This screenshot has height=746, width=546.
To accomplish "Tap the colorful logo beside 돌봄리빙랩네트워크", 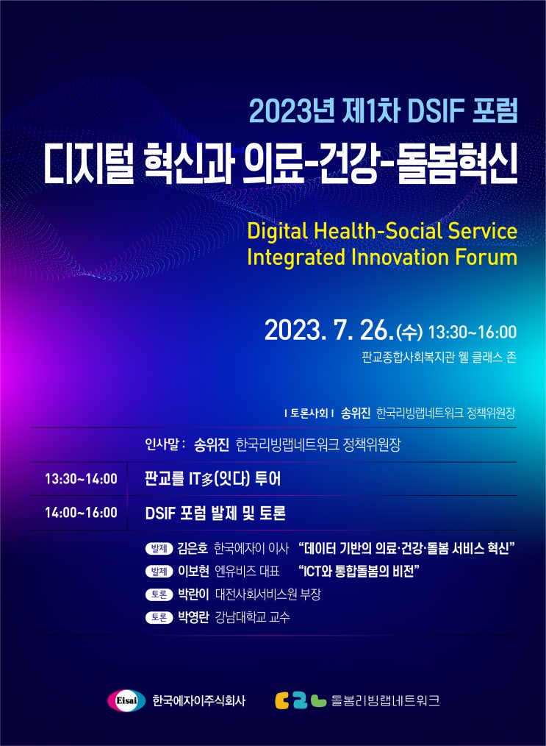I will (300, 700).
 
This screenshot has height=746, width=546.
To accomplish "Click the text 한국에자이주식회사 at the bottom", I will (198, 700).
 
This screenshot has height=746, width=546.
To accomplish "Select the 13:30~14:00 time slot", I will (81, 479).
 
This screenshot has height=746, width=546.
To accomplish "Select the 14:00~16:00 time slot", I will (81, 512).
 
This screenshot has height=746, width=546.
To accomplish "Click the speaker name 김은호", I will (193, 548).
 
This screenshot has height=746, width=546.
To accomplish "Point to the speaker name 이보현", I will (193, 571).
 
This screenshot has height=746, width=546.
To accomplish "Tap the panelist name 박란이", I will (193, 594).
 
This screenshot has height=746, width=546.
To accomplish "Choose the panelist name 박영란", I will (193, 617).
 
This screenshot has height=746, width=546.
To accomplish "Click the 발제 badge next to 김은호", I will (159, 549).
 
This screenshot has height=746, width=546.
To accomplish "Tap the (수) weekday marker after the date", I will (409, 333).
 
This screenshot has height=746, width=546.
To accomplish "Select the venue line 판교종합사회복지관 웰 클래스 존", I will (439, 358).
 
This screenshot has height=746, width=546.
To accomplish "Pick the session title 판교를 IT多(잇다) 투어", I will (213, 479).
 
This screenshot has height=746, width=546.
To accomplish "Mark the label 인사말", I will (165, 444).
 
